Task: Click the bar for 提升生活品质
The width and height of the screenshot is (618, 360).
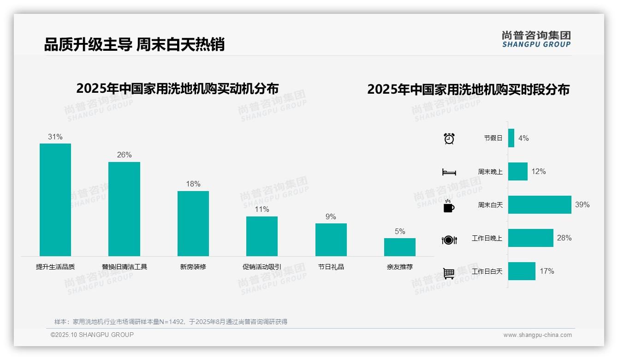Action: pyautogui.click(x=55, y=200)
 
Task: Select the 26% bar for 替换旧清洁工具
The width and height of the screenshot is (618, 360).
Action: pyautogui.click(x=124, y=209)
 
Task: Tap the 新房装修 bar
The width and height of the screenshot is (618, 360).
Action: pyautogui.click(x=193, y=223)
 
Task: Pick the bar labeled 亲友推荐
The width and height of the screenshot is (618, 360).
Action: pyautogui.click(x=400, y=247)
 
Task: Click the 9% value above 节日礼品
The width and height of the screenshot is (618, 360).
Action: pyautogui.click(x=331, y=217)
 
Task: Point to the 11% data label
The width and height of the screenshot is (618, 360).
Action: pyautogui.click(x=262, y=210)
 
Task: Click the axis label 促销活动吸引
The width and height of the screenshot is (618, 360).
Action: pyautogui.click(x=262, y=267)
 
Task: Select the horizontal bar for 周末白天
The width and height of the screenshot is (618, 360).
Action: pyautogui.click(x=540, y=204)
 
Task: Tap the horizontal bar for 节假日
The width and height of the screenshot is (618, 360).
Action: pyautogui.click(x=511, y=138)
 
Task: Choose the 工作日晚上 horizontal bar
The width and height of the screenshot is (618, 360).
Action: pyautogui.click(x=530, y=238)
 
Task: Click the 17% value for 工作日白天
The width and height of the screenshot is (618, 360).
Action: pyautogui.click(x=547, y=271)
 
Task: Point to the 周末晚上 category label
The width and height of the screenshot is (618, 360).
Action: pyautogui.click(x=490, y=172)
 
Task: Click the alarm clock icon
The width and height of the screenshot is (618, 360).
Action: pyautogui.click(x=449, y=138)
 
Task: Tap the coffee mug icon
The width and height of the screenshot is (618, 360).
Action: pyautogui.click(x=449, y=206)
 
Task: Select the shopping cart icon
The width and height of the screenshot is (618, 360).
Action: pyautogui.click(x=449, y=273)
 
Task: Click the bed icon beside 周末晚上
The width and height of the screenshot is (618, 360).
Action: pyautogui.click(x=449, y=172)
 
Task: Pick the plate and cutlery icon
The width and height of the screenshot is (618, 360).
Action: pyautogui.click(x=449, y=240)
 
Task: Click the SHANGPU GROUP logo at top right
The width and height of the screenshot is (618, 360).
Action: pyautogui.click(x=536, y=39)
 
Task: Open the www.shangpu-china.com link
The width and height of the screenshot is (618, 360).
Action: pyautogui.click(x=537, y=335)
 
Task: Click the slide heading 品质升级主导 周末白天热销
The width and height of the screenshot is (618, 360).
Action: pyautogui.click(x=134, y=44)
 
